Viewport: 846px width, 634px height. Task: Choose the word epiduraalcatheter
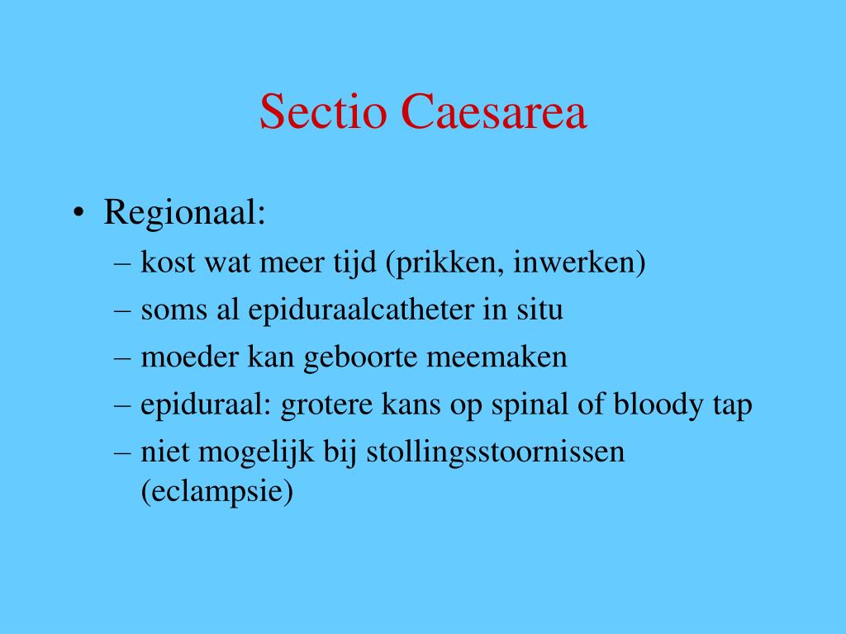pos(360,310)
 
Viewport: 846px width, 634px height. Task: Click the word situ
pos(540,310)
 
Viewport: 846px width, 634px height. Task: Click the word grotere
pos(326,405)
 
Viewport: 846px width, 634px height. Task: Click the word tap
pos(732,405)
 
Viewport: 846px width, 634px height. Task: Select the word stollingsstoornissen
pos(495,452)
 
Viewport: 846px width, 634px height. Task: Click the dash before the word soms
pos(123,310)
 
